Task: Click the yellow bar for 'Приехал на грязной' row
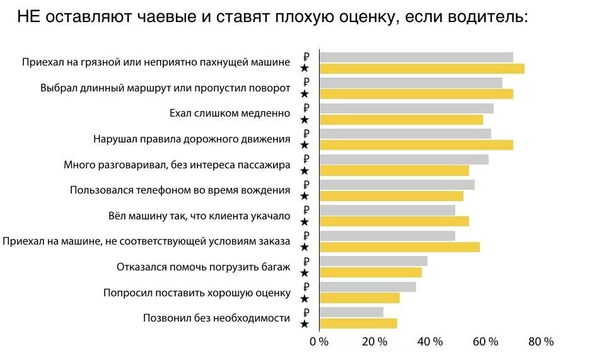click(x=422, y=69)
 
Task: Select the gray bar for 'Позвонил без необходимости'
click(x=351, y=311)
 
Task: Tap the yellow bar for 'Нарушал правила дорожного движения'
click(x=416, y=145)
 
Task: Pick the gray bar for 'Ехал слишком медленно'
click(x=407, y=108)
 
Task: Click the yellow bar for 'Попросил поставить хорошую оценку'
click(x=359, y=298)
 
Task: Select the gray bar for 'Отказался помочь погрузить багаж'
click(x=373, y=261)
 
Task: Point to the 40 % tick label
click(x=430, y=342)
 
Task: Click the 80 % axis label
click(x=540, y=342)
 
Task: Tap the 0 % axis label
click(x=320, y=342)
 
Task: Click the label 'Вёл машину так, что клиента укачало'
click(x=199, y=216)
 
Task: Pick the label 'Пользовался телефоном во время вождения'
click(x=180, y=190)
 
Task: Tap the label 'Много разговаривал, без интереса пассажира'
click(x=177, y=165)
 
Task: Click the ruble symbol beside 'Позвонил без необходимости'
click(x=306, y=313)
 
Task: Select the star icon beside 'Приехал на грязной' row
click(x=305, y=68)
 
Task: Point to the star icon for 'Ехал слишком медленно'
click(x=305, y=119)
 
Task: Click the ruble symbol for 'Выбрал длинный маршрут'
click(x=306, y=83)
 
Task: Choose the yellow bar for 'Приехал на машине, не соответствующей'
click(x=400, y=247)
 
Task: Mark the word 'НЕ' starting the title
click(x=29, y=17)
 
